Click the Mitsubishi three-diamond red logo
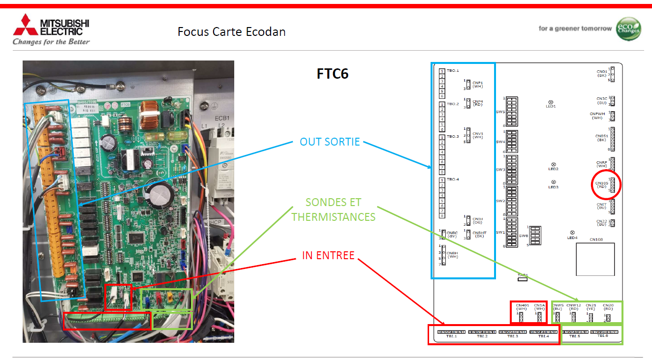[x=25, y=26]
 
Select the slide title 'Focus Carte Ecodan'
[x=231, y=32]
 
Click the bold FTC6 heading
[x=332, y=74]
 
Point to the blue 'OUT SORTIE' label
[x=330, y=142]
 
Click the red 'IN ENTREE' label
[x=328, y=255]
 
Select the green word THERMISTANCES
[x=334, y=217]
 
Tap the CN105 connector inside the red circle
[x=610, y=185]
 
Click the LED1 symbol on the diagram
[x=551, y=102]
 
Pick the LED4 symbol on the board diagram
[x=572, y=233]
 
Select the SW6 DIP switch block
[x=535, y=236]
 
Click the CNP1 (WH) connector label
[x=477, y=85]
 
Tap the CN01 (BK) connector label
[x=602, y=74]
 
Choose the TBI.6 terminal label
[x=603, y=336]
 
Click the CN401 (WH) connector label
[x=522, y=307]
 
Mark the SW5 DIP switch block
[x=511, y=112]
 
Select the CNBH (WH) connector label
[x=452, y=254]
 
